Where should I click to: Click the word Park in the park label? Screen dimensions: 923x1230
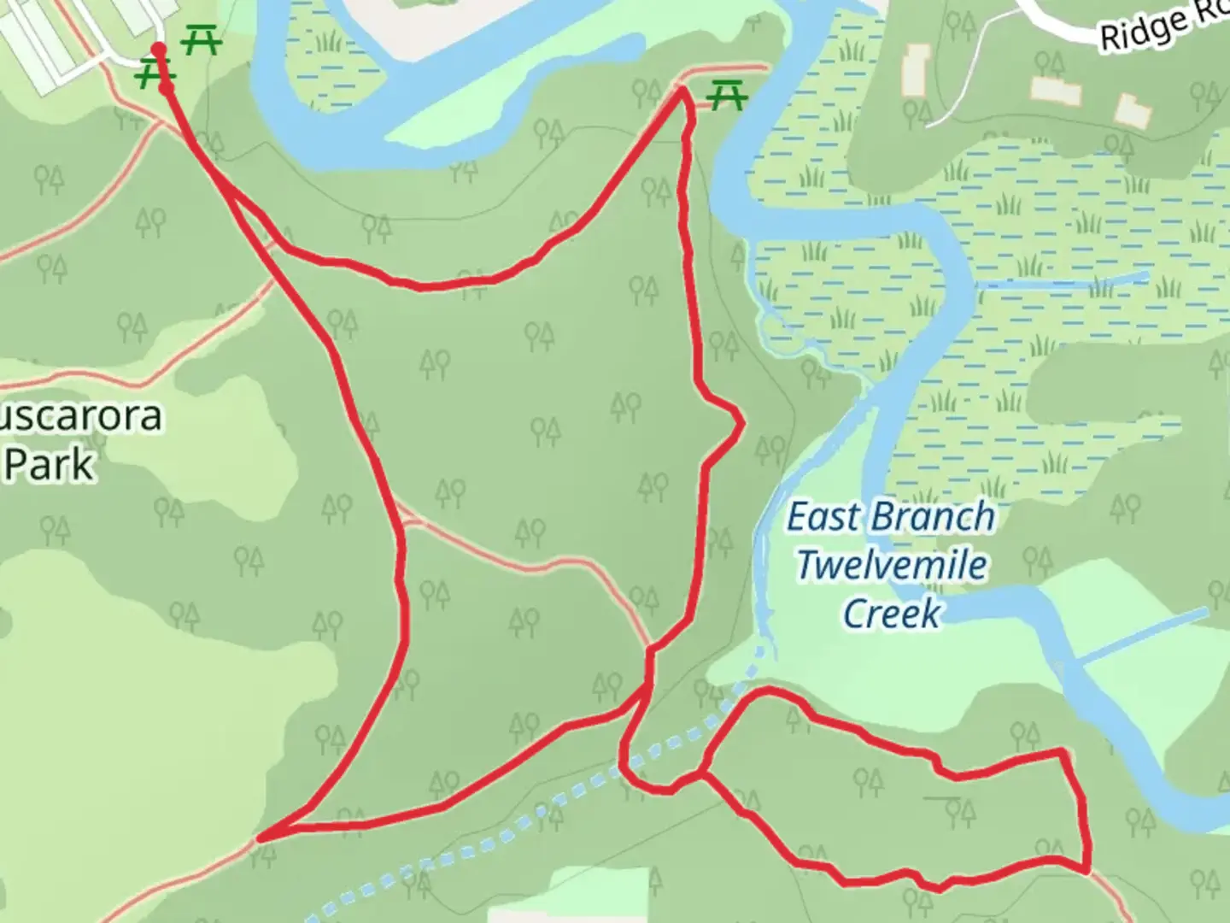click(x=49, y=464)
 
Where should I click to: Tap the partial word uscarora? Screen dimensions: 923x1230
click(x=81, y=416)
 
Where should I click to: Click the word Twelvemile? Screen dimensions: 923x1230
click(x=892, y=565)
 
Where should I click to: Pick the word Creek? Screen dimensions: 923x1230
click(x=892, y=613)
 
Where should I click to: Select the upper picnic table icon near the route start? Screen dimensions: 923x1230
click(x=202, y=40)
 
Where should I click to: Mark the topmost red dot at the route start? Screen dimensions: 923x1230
click(x=159, y=49)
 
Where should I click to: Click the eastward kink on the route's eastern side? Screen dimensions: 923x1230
click(x=740, y=422)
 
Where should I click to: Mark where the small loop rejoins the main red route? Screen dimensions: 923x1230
click(x=701, y=774)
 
